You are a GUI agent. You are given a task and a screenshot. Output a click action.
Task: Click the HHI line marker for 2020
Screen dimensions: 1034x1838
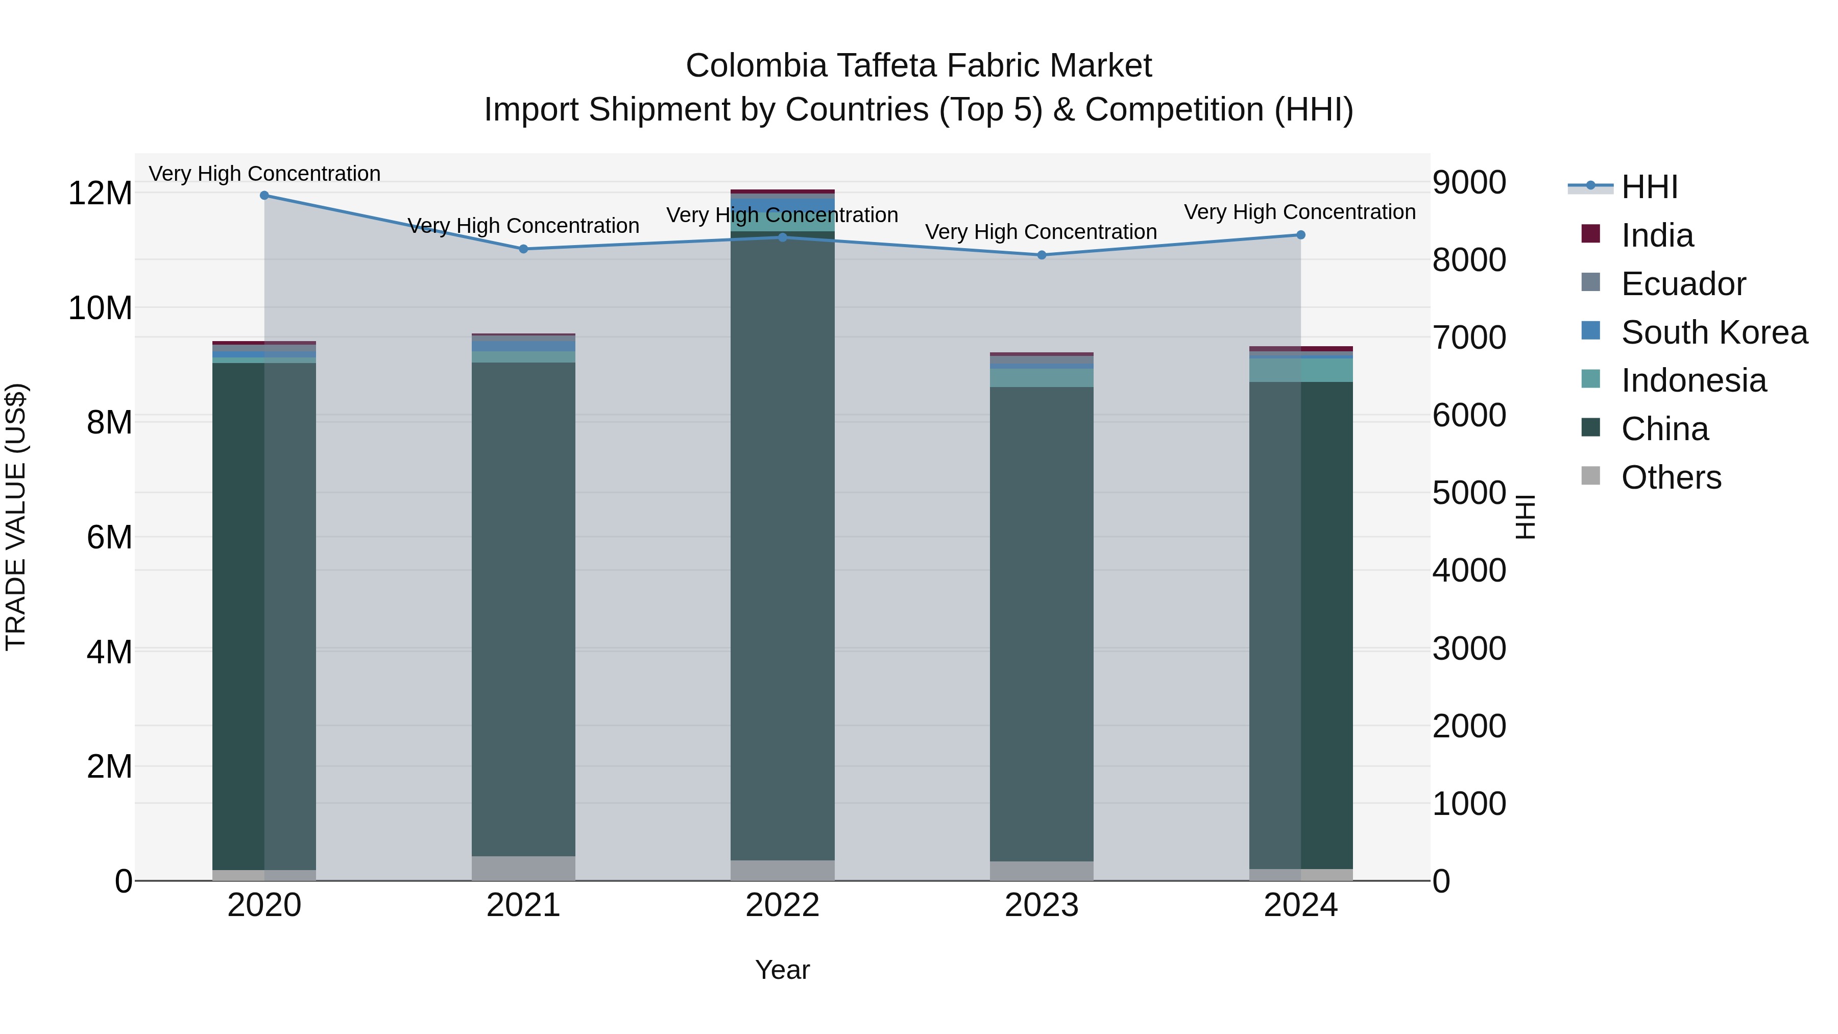coord(264,195)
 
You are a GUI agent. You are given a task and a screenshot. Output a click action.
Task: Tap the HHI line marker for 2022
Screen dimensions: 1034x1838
coord(783,237)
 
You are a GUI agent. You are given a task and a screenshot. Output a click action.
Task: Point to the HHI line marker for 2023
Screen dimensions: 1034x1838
coord(1042,255)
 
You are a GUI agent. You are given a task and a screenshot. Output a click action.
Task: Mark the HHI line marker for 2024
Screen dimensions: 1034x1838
coord(1301,235)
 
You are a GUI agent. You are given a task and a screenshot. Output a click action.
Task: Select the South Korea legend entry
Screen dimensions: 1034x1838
coord(1713,332)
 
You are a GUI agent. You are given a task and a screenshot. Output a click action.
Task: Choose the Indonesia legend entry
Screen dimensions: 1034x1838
coord(1693,380)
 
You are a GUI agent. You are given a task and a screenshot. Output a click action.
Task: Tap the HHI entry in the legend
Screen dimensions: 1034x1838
coord(1648,187)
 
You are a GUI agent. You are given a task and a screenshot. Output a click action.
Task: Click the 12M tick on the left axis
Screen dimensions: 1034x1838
coord(100,194)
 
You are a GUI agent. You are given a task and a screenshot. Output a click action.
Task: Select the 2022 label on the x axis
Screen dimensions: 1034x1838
coord(783,905)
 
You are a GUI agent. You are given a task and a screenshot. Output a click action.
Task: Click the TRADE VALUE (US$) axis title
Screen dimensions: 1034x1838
coord(16,517)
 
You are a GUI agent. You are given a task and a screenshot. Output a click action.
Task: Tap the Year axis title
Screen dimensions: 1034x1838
coord(783,970)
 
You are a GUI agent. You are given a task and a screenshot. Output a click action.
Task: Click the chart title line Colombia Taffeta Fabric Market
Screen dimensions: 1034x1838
coord(918,66)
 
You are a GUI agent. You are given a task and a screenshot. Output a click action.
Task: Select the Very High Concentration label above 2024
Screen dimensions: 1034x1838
coord(1299,212)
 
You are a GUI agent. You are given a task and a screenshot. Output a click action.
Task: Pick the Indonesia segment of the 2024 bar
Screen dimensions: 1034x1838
coord(1301,370)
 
